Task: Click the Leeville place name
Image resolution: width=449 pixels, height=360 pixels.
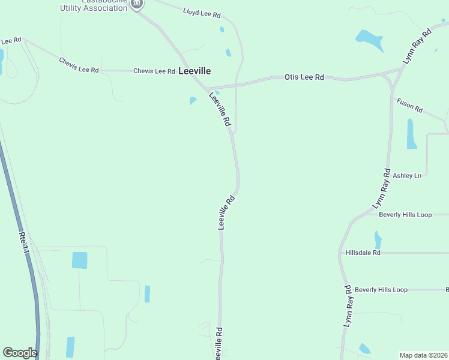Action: pos(194,71)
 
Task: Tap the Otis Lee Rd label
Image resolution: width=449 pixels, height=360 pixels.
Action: pos(304,77)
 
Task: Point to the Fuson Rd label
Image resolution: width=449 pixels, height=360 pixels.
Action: pos(409,106)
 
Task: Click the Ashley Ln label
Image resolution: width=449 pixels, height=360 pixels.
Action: pos(407,176)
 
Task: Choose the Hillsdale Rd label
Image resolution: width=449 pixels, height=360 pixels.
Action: pos(363,253)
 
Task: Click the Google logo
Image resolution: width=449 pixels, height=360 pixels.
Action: pos(20,352)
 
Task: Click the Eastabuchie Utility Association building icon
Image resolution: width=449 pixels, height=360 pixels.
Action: pos(137,4)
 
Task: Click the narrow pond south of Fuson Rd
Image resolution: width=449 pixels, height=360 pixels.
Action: pos(411,133)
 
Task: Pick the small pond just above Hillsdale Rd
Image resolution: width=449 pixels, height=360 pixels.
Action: pos(378,240)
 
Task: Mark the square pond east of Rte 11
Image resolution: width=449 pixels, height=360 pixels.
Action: pos(79,260)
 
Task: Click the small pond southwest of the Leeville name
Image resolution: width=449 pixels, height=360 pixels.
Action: pos(193,100)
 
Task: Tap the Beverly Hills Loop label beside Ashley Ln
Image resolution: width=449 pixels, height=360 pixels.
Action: pos(405,215)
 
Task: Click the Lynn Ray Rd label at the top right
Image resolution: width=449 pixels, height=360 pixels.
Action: pos(418,46)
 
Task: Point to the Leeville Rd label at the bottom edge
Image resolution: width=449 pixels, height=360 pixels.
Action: pos(220,344)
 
